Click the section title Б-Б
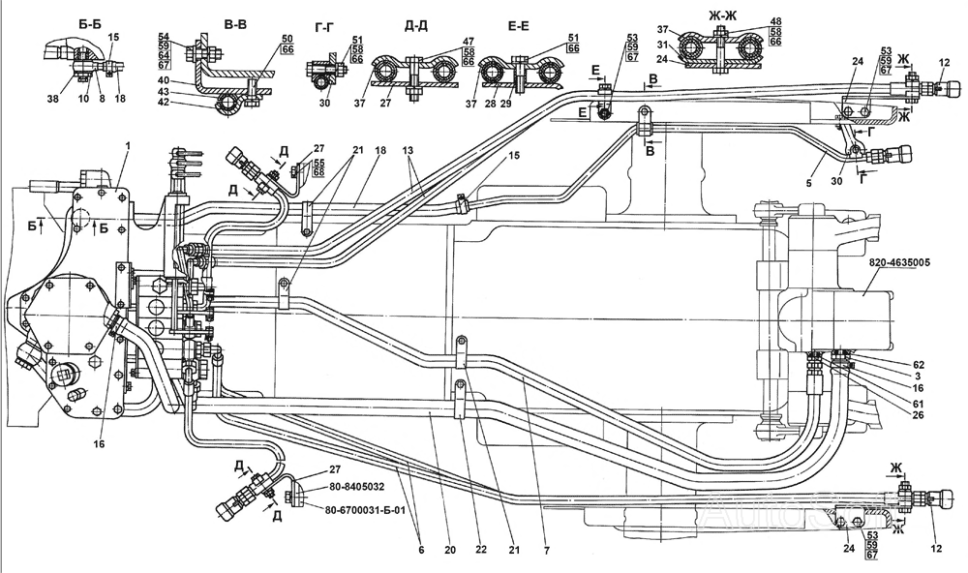(x=85, y=23)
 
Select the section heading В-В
(x=235, y=25)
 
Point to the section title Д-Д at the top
(x=416, y=25)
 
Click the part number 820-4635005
(x=899, y=263)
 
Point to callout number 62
(x=918, y=365)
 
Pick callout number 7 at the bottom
(x=546, y=550)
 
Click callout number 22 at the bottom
(x=481, y=550)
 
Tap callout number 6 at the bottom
(x=422, y=550)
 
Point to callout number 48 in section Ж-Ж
(x=775, y=21)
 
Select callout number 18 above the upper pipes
(x=380, y=149)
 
